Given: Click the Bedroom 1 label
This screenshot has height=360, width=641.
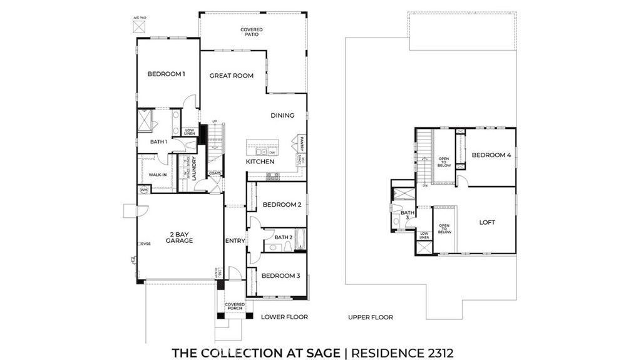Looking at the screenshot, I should [166, 74].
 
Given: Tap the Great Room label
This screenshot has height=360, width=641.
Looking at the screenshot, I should [231, 76].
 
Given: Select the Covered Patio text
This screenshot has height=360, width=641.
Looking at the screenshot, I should [252, 32].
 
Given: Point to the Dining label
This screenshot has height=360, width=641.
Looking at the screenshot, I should [282, 115].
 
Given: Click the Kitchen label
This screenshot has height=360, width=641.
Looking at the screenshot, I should [260, 162].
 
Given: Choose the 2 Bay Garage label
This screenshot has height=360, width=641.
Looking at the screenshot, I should [180, 237].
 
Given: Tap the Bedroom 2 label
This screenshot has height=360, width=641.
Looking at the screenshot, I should [282, 205].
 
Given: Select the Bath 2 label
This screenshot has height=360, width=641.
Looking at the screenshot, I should [284, 237].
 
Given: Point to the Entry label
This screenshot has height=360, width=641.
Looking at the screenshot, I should [234, 240].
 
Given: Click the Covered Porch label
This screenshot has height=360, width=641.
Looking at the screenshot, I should [235, 307].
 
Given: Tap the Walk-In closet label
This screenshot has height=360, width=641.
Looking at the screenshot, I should [157, 175].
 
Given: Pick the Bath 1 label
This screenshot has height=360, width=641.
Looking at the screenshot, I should [158, 142].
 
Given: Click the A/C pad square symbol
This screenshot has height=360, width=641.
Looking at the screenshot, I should [138, 27].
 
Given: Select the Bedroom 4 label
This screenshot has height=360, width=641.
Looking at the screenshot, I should [491, 155].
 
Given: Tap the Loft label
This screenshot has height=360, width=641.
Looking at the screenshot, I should [488, 222].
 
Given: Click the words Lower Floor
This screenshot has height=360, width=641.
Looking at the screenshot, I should [284, 317].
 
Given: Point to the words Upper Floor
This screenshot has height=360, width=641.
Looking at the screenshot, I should [371, 317].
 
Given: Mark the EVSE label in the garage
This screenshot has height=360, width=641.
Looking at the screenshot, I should [146, 244].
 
